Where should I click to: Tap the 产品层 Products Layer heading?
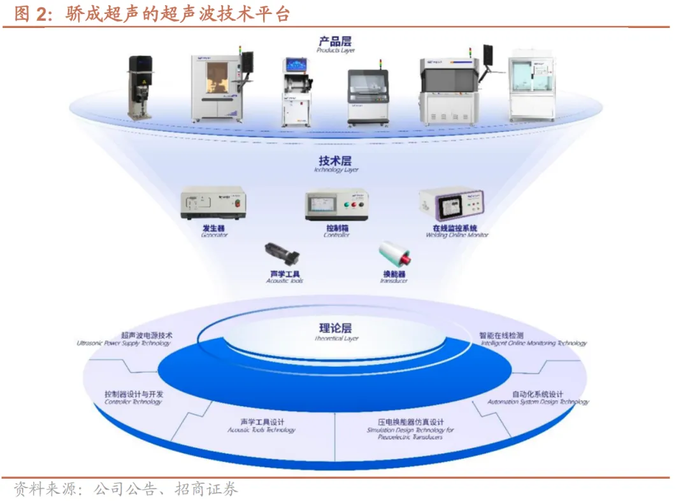click(x=335, y=44)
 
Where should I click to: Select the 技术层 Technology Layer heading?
click(x=335, y=164)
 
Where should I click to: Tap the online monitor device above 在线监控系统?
click(x=454, y=206)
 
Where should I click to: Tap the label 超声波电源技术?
click(x=147, y=335)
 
